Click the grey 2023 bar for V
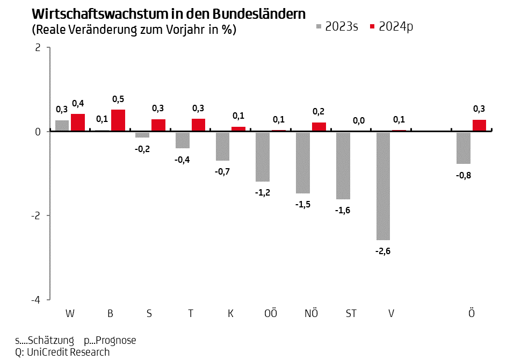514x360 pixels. click(x=383, y=185)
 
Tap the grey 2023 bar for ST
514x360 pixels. click(x=343, y=165)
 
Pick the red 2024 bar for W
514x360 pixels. click(x=78, y=123)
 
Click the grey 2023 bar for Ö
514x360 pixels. click(x=464, y=148)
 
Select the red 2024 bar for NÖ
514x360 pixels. click(x=319, y=127)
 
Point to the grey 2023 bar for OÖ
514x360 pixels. click(x=262, y=156)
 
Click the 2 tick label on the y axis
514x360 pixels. click(x=38, y=47)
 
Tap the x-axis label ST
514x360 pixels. click(x=351, y=314)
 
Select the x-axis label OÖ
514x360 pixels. click(x=271, y=314)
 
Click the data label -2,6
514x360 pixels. click(x=382, y=250)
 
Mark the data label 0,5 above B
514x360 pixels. click(x=118, y=99)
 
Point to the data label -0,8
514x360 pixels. click(x=464, y=175)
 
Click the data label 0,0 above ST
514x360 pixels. click(x=359, y=120)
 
